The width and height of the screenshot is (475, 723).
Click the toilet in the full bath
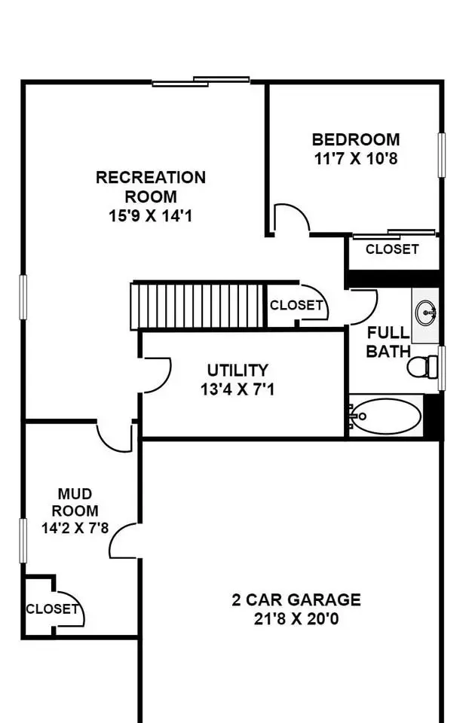click(x=422, y=366)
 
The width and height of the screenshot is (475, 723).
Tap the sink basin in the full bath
click(x=425, y=313)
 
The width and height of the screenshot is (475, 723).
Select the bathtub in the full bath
click(x=385, y=416)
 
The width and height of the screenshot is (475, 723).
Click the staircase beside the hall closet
click(x=198, y=306)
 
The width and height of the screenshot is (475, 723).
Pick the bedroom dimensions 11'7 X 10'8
click(x=355, y=159)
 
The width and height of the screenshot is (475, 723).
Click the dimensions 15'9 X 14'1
click(x=151, y=216)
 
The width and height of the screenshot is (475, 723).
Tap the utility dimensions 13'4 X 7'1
click(x=237, y=389)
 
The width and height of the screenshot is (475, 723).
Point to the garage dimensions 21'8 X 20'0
click(x=296, y=619)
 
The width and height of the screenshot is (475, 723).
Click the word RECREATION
click(x=151, y=178)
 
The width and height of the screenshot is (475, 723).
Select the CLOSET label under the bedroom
click(x=392, y=249)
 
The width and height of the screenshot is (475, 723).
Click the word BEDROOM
click(x=355, y=140)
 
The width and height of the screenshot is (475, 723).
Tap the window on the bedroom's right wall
click(x=442, y=155)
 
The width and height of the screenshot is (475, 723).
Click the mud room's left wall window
click(x=23, y=541)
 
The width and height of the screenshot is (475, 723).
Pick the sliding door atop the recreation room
click(x=201, y=81)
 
